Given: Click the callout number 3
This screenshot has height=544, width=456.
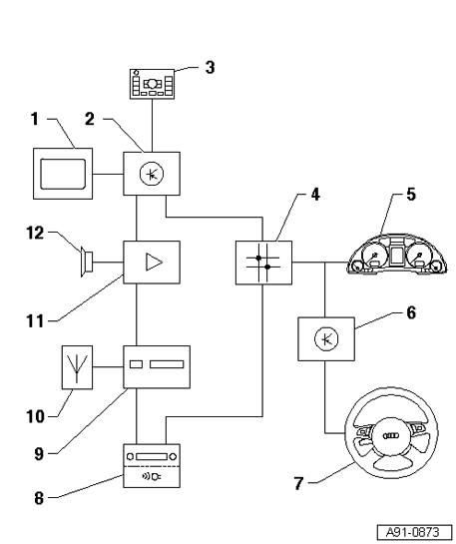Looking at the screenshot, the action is [x=210, y=67].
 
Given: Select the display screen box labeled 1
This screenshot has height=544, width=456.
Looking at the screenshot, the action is [x=63, y=174].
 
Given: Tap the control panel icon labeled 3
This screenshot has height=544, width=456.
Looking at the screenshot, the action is [x=153, y=84].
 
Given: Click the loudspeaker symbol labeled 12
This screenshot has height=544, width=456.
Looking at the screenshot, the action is [x=87, y=262].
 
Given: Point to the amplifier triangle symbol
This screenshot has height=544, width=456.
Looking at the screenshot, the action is [x=154, y=262].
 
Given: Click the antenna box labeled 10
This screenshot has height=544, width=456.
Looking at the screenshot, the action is [x=77, y=367].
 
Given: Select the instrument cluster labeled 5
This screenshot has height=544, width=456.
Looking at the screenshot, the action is [x=397, y=255].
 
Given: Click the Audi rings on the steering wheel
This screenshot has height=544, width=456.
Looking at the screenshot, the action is [x=390, y=435].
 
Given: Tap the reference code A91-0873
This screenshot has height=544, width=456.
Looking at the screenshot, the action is [x=413, y=532].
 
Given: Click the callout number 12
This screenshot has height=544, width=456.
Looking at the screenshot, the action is [x=35, y=234].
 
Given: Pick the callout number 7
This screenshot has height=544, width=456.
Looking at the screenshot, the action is [x=299, y=483].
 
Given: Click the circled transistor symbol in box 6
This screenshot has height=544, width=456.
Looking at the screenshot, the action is [x=326, y=339].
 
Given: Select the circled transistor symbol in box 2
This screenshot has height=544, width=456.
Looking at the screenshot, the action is [x=152, y=174].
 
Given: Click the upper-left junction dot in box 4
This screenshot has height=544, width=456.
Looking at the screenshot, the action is [x=258, y=258].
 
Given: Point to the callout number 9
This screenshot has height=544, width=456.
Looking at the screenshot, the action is [x=39, y=454].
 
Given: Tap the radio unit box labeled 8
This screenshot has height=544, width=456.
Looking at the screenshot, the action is [x=152, y=465].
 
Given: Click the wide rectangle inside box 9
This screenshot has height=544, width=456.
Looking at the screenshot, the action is [x=167, y=364].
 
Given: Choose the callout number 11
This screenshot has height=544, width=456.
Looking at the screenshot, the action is [x=35, y=321].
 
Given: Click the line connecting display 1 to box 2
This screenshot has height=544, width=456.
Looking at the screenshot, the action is [x=108, y=174].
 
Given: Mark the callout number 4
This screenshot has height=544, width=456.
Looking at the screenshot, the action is [x=315, y=195].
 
